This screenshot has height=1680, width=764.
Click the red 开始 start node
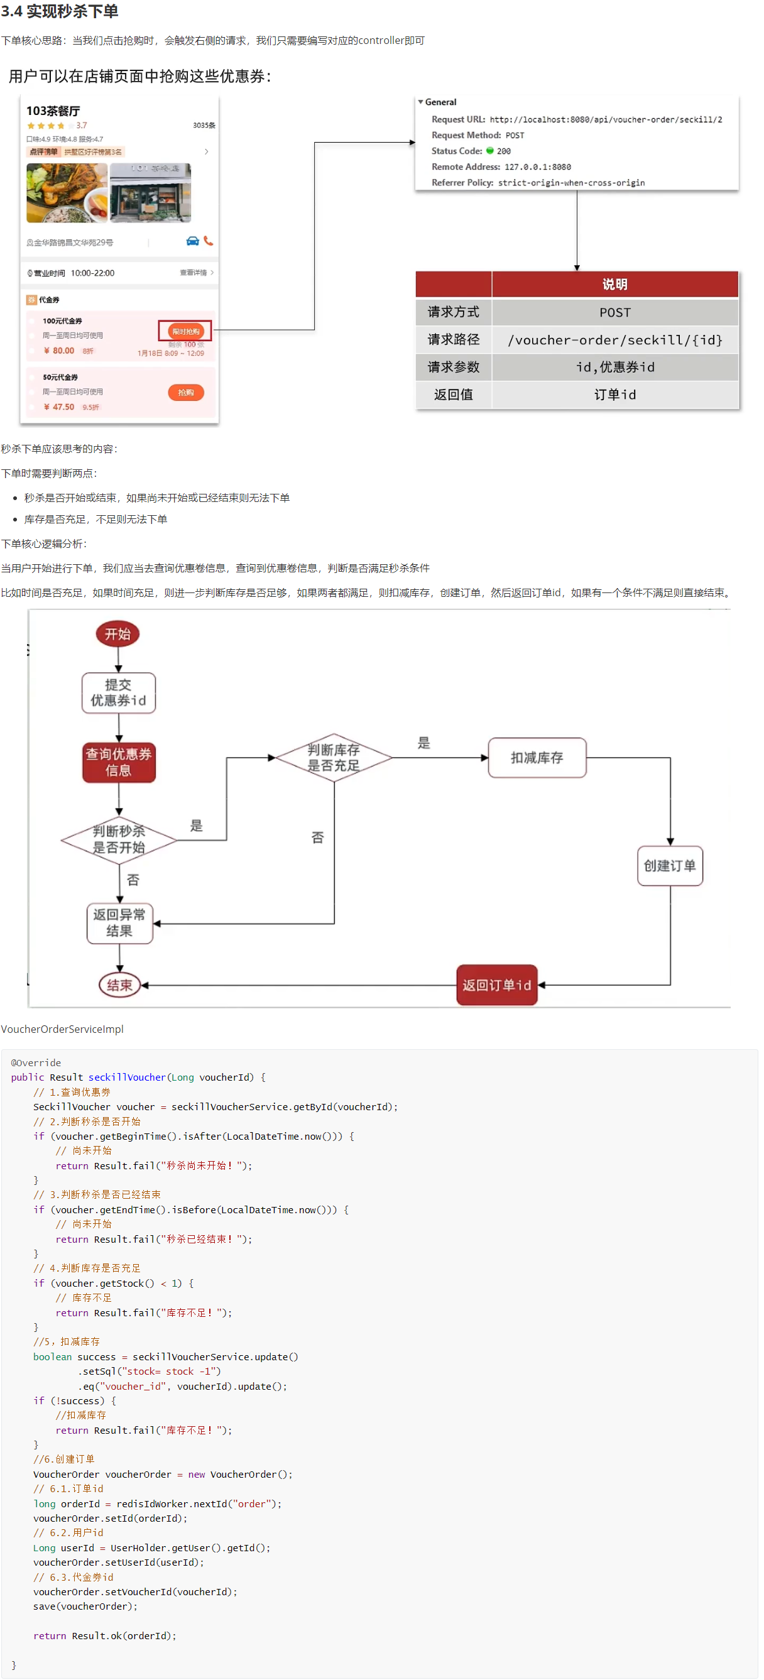[117, 634]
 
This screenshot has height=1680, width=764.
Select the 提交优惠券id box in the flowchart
[118, 692]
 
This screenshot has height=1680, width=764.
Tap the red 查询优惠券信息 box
[119, 761]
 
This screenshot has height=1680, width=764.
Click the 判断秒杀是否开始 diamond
[119, 839]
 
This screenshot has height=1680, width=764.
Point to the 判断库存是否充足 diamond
[334, 757]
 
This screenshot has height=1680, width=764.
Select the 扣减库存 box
[537, 757]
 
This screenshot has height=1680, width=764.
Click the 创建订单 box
[669, 865]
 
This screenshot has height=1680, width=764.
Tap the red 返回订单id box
[496, 985]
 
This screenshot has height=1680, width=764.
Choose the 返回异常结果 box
[119, 923]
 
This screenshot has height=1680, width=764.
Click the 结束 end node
[119, 985]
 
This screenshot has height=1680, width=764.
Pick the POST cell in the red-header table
[614, 312]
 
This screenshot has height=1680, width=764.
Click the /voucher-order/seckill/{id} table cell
[614, 340]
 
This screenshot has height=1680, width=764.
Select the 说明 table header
[614, 285]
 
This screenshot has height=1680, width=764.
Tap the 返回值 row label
[453, 395]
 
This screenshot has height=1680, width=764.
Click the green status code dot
[489, 151]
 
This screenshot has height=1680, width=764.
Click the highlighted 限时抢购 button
[185, 331]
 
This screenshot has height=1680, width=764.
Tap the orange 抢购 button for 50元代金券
[186, 393]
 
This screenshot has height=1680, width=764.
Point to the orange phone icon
[208, 241]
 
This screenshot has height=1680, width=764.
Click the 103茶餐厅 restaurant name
[53, 111]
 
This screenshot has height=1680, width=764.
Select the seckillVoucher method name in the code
[126, 1077]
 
